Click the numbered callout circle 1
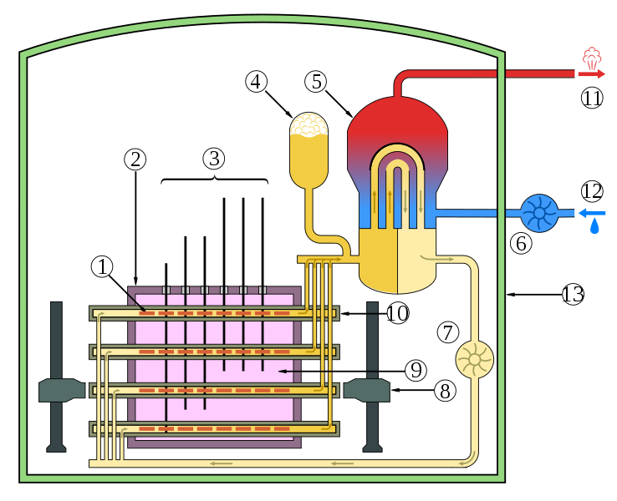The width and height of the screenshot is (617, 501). tap(102, 267)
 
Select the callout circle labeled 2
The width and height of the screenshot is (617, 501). tap(135, 159)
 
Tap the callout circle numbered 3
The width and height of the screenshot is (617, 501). tap(214, 159)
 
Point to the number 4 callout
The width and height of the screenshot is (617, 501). tap(257, 82)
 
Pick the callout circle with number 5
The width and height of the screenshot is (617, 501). tap(315, 82)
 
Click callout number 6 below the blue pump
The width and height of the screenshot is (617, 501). tap(521, 244)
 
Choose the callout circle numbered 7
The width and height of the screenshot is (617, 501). tap(448, 332)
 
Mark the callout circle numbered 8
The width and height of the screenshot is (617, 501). tap(445, 390)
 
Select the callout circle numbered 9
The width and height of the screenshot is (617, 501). tap(416, 370)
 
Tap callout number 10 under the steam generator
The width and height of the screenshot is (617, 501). tap(398, 313)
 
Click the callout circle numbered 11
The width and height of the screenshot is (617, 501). tap(592, 98)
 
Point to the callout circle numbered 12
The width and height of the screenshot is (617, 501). tap(592, 191)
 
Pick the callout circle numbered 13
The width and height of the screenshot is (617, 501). tap(573, 294)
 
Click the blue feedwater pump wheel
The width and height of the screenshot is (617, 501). tap(539, 213)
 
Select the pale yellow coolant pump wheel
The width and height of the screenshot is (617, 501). tap(474, 359)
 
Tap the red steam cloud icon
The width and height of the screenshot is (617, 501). tap(592, 58)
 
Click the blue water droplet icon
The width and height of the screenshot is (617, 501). tap(594, 227)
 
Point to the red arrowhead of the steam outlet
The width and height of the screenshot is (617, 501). tap(600, 74)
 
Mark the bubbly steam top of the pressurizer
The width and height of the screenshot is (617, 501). tap(308, 125)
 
